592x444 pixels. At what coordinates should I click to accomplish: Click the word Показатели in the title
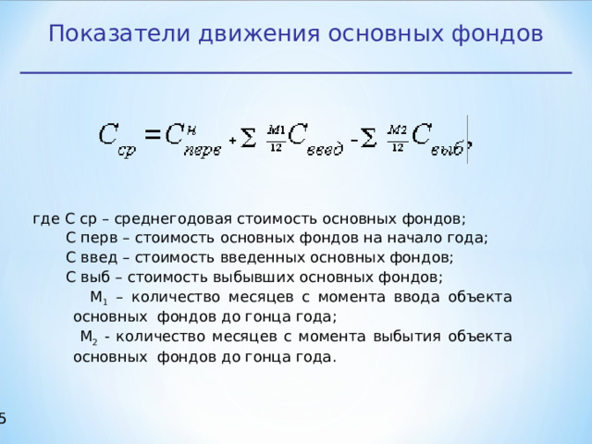pyautogui.click(x=105, y=33)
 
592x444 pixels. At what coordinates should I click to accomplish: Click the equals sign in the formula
pyautogui.click(x=152, y=136)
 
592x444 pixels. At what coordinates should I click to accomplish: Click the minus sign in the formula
pyautogui.click(x=352, y=140)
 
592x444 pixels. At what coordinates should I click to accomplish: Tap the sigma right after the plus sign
pyautogui.click(x=249, y=138)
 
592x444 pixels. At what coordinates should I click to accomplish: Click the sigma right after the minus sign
pyautogui.click(x=369, y=138)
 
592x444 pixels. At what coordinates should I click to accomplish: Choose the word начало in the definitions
pyautogui.click(x=401, y=239)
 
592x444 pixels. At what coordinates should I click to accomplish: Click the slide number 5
pyautogui.click(x=3, y=419)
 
